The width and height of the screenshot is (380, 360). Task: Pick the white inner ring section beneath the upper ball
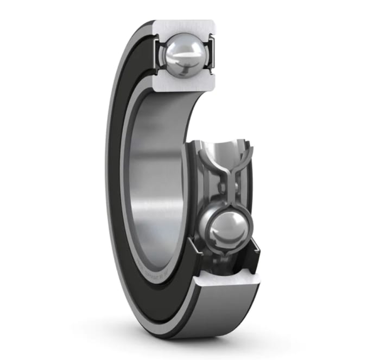pos(185,82)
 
